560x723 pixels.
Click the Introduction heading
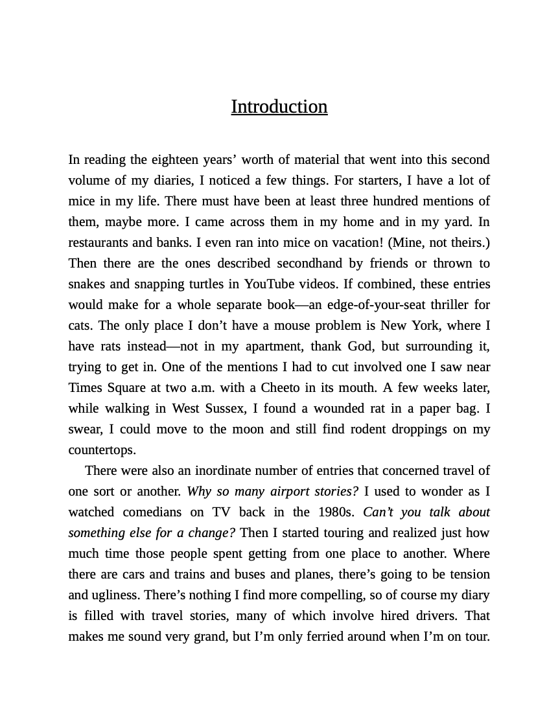279,106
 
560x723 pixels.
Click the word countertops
102,450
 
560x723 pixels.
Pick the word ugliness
115,595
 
